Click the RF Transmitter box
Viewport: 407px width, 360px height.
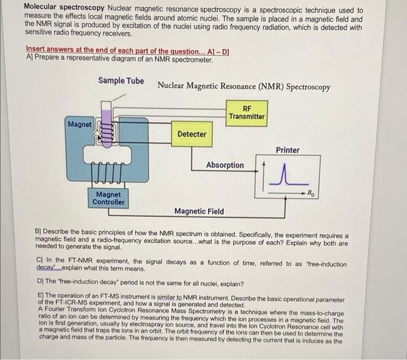[x=247, y=112]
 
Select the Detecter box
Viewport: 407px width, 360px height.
[x=192, y=134]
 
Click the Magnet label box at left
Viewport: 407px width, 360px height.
[x=80, y=124]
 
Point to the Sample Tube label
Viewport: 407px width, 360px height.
[x=121, y=81]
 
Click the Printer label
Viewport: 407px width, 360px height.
[x=288, y=150]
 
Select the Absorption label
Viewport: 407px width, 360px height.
[x=225, y=165]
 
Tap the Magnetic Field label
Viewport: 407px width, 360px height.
[x=199, y=211]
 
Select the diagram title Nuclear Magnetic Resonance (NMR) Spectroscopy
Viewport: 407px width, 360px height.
[x=244, y=87]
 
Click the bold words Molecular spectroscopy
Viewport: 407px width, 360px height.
[x=56, y=10]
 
